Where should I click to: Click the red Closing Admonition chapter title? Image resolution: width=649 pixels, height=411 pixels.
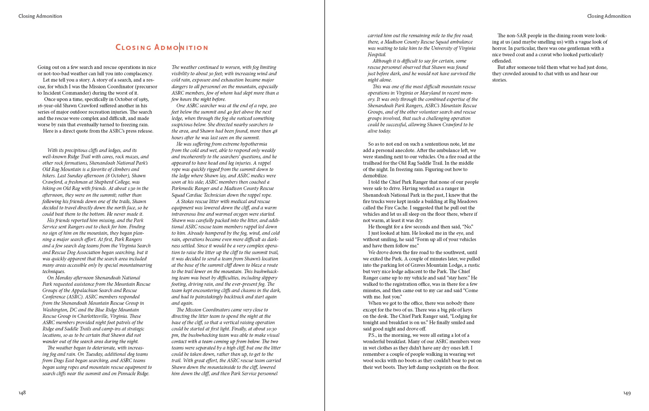point(162,47)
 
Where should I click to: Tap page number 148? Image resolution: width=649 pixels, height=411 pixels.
point(22,393)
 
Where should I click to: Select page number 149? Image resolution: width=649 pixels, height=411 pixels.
point(627,393)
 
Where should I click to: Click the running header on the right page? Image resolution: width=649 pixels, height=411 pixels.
point(609,16)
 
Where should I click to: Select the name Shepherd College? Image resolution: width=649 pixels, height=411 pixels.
point(121,182)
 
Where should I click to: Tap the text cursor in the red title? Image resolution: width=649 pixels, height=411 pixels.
point(180,47)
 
